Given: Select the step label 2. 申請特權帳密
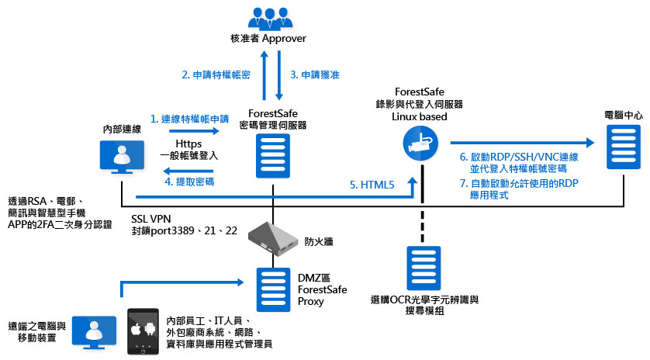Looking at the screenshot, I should pyautogui.click(x=216, y=74).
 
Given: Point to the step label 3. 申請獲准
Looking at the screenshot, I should pyautogui.click(x=314, y=74).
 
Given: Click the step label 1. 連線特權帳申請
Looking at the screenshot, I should pyautogui.click(x=190, y=119).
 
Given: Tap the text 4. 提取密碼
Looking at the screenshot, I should pyautogui.click(x=190, y=182).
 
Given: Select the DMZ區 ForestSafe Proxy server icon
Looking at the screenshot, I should pyautogui.click(x=272, y=287).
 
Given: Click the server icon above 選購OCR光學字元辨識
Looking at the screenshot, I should pyautogui.click(x=422, y=268).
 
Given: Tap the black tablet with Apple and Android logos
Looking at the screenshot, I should pyautogui.click(x=143, y=332).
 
